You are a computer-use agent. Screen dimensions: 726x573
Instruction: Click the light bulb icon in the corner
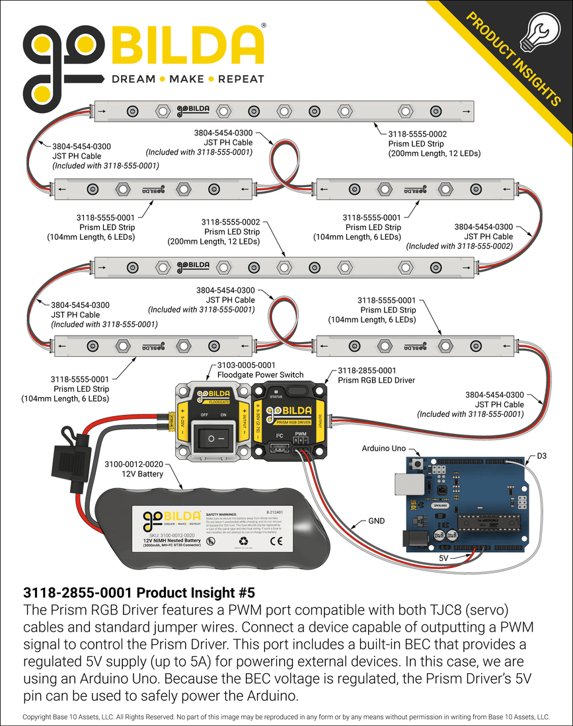tap(537, 32)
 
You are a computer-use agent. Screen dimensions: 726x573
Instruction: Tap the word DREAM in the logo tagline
tap(134, 79)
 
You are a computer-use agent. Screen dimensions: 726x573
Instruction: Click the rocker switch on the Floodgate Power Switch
tap(211, 439)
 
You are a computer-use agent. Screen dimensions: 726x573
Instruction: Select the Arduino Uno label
tap(384, 448)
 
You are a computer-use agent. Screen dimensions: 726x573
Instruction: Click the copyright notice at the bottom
tap(286, 717)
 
